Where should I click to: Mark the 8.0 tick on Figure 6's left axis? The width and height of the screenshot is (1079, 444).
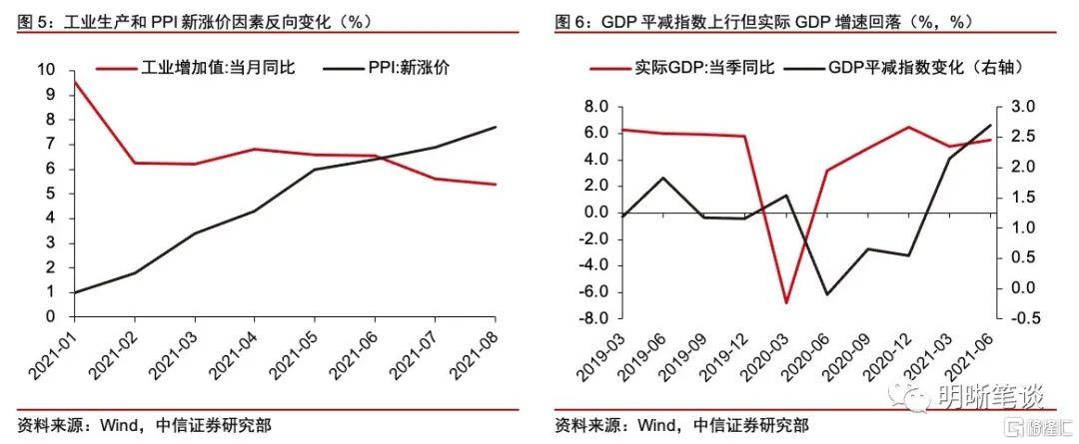pos(595,107)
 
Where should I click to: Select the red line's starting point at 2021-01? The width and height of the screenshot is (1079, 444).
pos(75,82)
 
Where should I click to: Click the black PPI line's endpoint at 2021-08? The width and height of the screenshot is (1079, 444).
pos(497,127)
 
